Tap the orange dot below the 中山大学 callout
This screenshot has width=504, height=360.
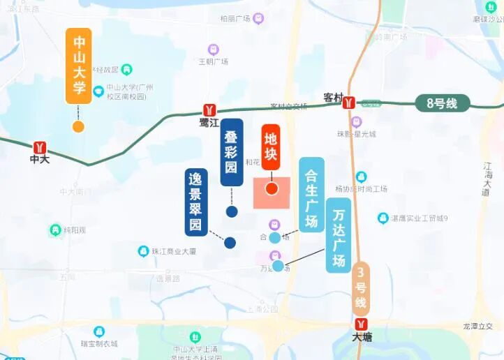(78, 126)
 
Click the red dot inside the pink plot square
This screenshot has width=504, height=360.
(272, 188)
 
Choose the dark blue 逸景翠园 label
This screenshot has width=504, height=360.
(196, 202)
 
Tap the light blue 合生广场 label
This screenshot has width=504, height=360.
(311, 194)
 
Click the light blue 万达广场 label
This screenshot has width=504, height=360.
(339, 234)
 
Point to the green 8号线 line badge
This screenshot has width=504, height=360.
(441, 103)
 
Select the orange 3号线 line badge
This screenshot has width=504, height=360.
(360, 287)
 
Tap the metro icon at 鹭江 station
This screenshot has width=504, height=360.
(209, 110)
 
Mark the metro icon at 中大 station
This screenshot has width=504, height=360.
(41, 147)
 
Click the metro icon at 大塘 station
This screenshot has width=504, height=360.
(361, 324)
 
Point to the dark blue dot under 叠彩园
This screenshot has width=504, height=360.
(232, 211)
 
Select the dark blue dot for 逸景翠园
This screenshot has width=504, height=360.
(230, 243)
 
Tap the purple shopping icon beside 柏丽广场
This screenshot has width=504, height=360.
(259, 18)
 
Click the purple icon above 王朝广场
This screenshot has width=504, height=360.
(214, 50)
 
